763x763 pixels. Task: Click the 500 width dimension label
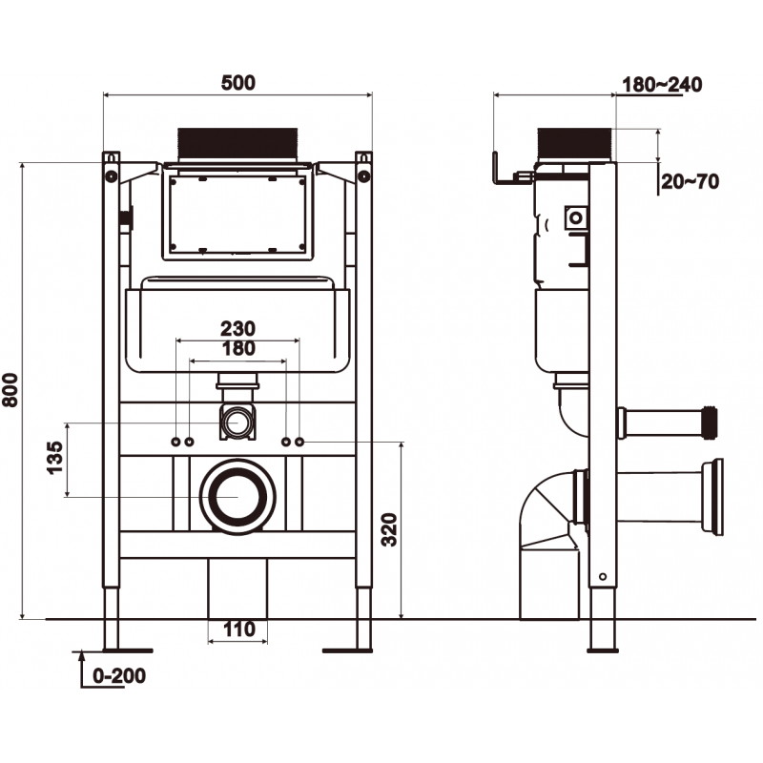pyautogui.click(x=237, y=83)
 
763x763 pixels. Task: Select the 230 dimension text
pyautogui.click(x=237, y=327)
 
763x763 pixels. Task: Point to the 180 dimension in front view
pyautogui.click(x=237, y=348)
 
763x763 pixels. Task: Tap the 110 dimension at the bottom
pyautogui.click(x=237, y=629)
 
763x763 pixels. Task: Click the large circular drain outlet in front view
pyautogui.click(x=237, y=497)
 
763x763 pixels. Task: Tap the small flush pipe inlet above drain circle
pyautogui.click(x=237, y=421)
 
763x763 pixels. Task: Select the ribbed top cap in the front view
pyautogui.click(x=238, y=144)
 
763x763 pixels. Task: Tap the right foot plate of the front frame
pyautogui.click(x=353, y=650)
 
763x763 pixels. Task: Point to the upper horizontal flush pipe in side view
pyautogui.click(x=668, y=421)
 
